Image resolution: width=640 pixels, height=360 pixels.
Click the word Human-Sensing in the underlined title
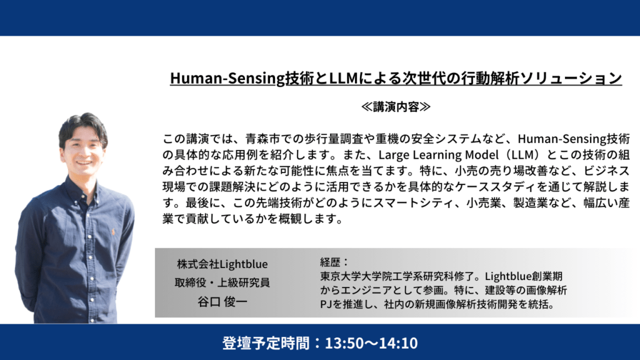(227, 78)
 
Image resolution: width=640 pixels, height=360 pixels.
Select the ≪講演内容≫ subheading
(396, 107)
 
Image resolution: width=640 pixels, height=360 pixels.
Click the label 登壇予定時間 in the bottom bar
(265, 343)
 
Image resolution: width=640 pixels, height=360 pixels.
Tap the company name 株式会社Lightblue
(222, 264)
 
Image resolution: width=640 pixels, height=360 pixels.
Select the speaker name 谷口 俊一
(222, 302)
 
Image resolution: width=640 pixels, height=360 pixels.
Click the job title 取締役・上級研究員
(222, 282)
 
